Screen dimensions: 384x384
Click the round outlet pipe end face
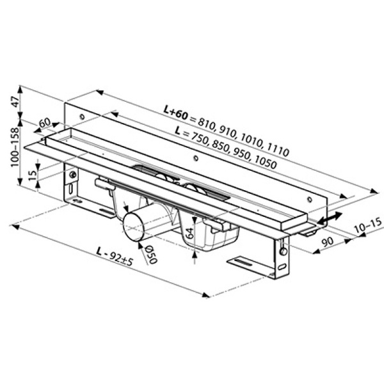point(134,227)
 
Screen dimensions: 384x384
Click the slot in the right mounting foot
point(245,263)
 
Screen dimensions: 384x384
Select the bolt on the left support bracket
point(74,175)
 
